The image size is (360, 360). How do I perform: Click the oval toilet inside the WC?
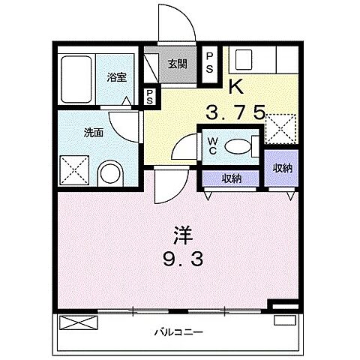pos(238,146)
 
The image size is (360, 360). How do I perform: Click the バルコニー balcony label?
pos(179,330)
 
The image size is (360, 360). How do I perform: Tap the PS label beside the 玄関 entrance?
pos(210,62)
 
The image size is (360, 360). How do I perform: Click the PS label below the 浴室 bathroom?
pos(151,96)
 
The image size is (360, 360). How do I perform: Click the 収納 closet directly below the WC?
pos(232,178)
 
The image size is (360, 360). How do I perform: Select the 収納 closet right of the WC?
pos(282,166)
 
